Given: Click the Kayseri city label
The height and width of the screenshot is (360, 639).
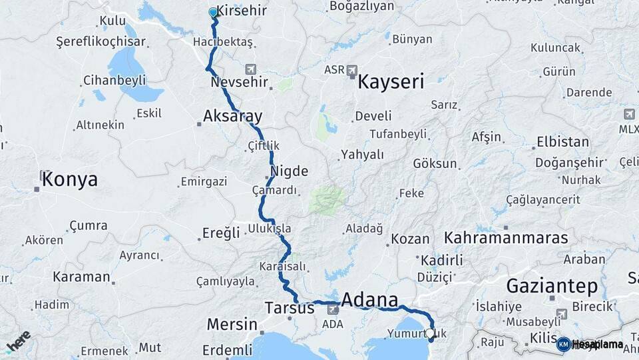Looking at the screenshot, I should pos(391,82).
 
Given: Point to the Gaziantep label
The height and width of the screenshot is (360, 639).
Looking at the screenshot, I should pos(552,286).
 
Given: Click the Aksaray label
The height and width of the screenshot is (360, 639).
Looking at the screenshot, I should pos(232,116).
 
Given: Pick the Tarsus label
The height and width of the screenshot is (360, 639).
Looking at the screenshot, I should pos(289,309).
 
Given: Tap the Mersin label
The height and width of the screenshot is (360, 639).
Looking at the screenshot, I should pos(232,325).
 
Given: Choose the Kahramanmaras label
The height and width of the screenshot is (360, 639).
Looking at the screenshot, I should pos(505,237).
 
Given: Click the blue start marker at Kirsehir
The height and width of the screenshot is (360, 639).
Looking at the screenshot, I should pos(213,13).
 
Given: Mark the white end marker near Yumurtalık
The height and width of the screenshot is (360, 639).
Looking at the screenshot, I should pos(430,333).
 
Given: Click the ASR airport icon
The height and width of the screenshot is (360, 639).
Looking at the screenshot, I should pos(352,70).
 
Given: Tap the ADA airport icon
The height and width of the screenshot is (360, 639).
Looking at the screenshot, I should pos(332,309).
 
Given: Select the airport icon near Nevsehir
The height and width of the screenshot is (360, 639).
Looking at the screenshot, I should pos(251,69).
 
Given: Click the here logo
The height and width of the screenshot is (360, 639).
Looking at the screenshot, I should pos(18,341).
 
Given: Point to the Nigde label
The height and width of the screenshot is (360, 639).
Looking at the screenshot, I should pos(289,171).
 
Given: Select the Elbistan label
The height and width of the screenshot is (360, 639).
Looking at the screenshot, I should pos(563,142).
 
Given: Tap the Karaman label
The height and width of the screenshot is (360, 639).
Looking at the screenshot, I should pos(81,277).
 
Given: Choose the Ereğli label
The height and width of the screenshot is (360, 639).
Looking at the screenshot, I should pos(220,233).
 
